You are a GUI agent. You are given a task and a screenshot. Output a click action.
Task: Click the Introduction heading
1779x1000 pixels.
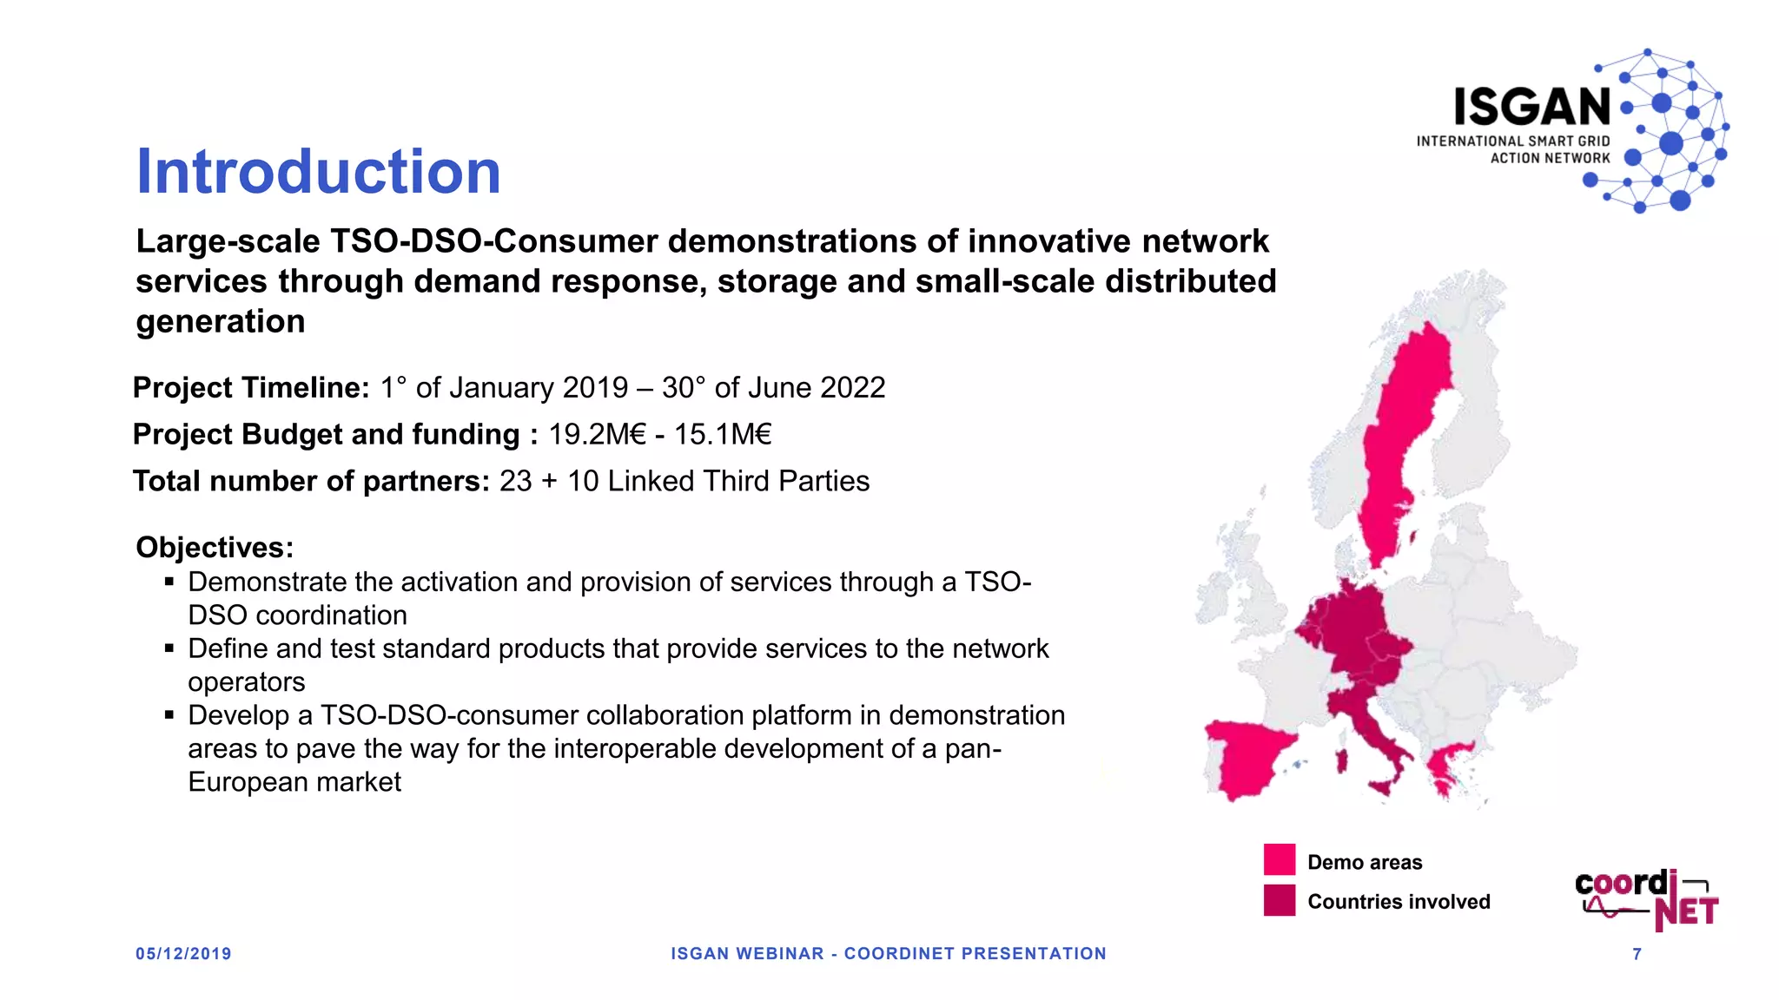[x=319, y=172]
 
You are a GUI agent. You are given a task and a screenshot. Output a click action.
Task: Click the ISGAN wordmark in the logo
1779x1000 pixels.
[x=1532, y=108]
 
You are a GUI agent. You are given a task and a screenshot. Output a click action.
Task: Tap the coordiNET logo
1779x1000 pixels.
[x=1646, y=899]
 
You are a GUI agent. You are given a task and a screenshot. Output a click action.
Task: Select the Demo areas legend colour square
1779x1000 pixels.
[x=1279, y=859]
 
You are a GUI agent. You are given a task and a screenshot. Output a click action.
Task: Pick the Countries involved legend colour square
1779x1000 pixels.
[x=1279, y=900]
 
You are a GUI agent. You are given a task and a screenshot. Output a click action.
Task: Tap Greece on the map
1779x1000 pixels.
[x=1447, y=764]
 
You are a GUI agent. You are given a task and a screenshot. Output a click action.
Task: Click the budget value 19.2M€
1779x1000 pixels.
[x=597, y=434]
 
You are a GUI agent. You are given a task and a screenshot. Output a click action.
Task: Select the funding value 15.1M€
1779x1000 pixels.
[x=723, y=434]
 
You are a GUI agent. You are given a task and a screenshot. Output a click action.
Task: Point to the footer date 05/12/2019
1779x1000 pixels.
[x=183, y=953]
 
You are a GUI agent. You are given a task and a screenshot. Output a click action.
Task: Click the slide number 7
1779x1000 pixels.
[x=1637, y=954]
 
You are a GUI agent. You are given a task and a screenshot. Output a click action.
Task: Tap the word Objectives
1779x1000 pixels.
[x=215, y=548]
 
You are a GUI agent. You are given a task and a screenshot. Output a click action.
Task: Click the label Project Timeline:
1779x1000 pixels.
[x=251, y=387]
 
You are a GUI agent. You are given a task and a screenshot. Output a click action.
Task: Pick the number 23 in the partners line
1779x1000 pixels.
[x=515, y=481]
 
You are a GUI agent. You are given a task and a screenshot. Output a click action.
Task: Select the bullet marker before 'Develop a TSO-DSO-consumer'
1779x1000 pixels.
[x=169, y=715]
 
